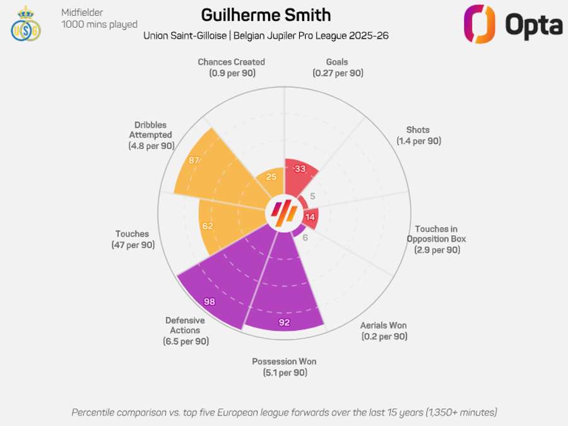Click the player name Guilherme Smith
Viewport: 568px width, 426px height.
(266, 15)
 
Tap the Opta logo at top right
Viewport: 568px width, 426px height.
(512, 24)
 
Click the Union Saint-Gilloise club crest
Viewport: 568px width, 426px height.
(25, 23)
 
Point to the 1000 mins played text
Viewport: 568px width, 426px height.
(99, 25)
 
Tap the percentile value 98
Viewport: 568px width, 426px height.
(210, 302)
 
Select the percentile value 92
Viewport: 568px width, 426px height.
(283, 321)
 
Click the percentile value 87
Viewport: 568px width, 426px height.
(194, 160)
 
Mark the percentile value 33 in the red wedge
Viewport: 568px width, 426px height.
(300, 169)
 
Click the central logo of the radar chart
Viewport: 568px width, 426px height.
(284, 214)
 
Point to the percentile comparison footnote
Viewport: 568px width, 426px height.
(284, 412)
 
